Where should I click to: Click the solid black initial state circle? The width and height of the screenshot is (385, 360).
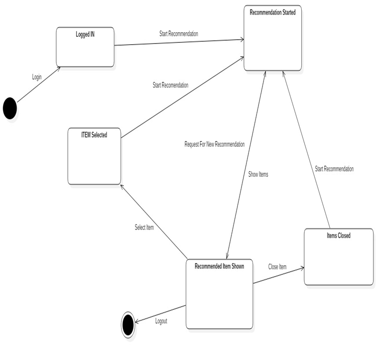pos(10,108)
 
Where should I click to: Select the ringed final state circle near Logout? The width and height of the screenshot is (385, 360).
pos(129,325)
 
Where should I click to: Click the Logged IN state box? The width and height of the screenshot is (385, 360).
pos(85,47)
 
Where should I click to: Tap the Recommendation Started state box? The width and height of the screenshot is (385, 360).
pos(273,39)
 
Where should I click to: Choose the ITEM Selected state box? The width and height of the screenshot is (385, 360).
pos(94,156)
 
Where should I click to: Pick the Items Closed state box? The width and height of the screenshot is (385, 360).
pos(338,257)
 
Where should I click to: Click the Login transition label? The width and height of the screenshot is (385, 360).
pos(37,77)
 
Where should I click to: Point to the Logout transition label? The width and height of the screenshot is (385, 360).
pos(161,321)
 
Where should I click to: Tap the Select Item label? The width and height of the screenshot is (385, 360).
pos(144,227)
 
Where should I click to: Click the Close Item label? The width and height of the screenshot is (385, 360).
pos(277,267)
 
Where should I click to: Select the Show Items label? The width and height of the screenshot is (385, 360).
pos(259,174)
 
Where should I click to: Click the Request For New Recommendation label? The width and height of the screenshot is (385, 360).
pos(214,144)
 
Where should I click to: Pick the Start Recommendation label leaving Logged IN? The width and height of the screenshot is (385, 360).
pos(179,34)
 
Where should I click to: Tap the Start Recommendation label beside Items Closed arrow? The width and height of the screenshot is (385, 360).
pos(334,169)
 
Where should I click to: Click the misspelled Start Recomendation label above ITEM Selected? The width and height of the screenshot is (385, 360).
pos(171,85)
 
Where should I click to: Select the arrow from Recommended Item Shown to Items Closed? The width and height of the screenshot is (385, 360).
pos(279,276)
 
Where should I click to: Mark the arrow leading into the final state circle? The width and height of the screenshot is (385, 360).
pos(161,314)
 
